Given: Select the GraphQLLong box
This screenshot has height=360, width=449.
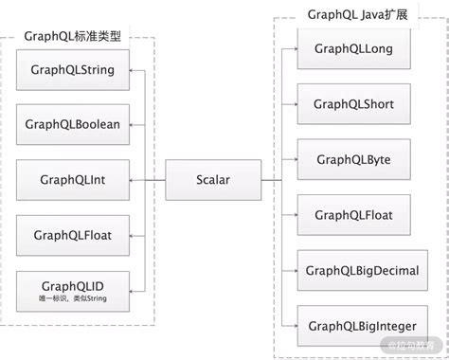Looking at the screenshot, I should (353, 47).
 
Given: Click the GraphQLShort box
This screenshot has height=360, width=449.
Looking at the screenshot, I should (353, 104).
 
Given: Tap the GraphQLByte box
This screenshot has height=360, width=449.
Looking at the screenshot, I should (353, 159).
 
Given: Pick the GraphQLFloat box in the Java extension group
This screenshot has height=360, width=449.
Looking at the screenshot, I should (353, 215).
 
